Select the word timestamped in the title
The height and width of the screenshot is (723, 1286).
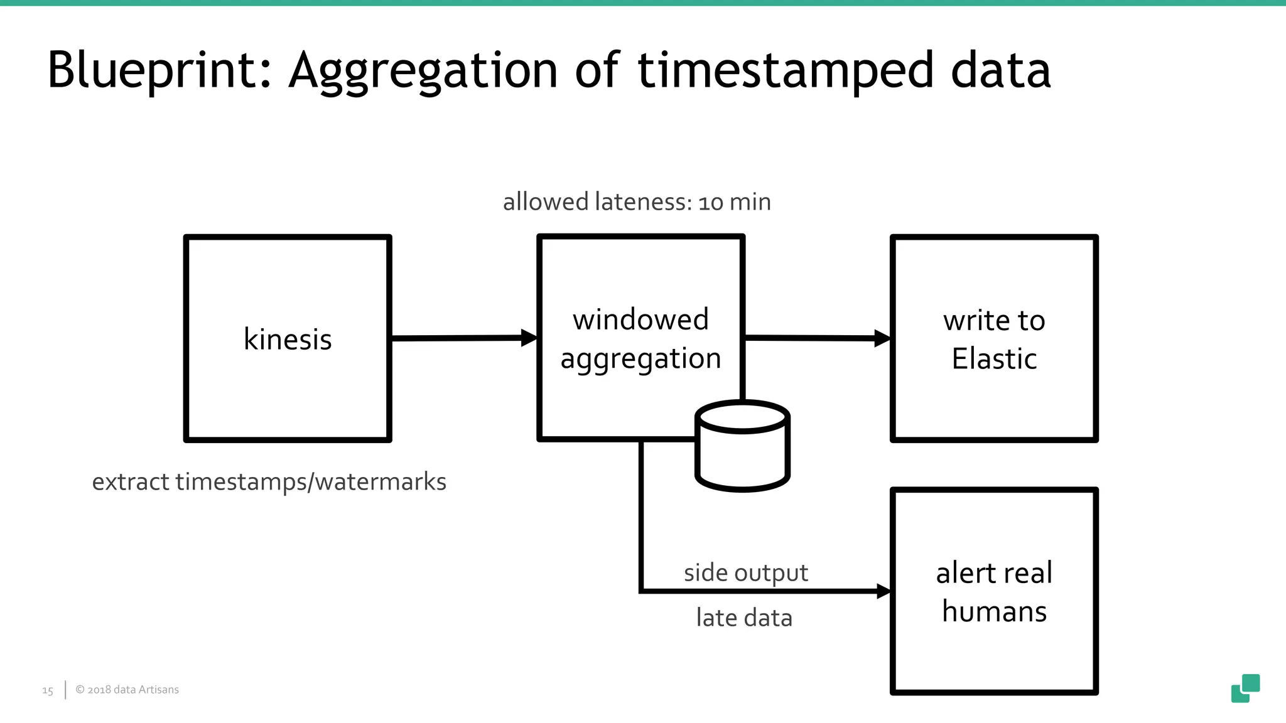pos(785,70)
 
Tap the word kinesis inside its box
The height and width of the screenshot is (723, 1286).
pos(288,340)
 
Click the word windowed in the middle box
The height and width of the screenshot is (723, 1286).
pos(640,319)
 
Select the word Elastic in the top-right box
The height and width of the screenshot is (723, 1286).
pos(994,359)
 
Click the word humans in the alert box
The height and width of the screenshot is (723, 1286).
pos(994,611)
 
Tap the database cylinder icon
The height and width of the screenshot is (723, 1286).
pos(742,446)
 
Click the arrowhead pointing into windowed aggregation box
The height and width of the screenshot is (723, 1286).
pos(529,338)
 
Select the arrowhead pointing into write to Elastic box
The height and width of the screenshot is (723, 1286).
pos(882,338)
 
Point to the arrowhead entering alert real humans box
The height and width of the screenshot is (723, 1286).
pos(883,591)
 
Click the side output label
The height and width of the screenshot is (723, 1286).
pos(745,572)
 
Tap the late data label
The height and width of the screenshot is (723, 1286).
pos(744,618)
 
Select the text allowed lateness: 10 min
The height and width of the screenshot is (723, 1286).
pos(637,202)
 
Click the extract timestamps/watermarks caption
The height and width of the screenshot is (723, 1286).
pos(269,482)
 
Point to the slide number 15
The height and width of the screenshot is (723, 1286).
pos(48,690)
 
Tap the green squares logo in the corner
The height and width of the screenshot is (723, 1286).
pos(1245,688)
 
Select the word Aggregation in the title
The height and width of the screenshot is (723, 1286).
pos(423,70)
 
